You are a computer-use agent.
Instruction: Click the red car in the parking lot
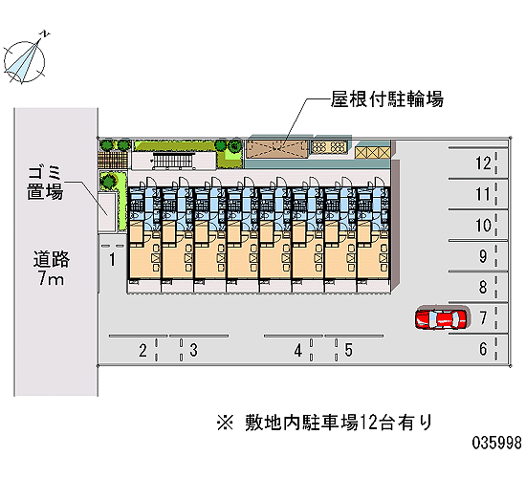point(441,318)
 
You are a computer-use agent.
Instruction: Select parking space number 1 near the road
point(113,260)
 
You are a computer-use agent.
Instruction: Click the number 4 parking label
point(298,351)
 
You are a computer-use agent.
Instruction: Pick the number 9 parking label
point(483,256)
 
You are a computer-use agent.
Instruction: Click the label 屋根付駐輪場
point(386,99)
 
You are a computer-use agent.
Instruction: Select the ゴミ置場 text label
point(45,183)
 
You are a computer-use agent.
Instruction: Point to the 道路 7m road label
point(51,269)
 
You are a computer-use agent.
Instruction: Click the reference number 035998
point(496,443)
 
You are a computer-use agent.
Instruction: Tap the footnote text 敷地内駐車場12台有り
point(339,422)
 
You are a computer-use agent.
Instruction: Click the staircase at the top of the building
point(174,160)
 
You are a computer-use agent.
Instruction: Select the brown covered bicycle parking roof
point(277,149)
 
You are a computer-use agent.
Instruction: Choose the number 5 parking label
point(349,351)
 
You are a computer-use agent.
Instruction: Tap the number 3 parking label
point(193,351)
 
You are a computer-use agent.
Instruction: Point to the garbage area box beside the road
point(107,212)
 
